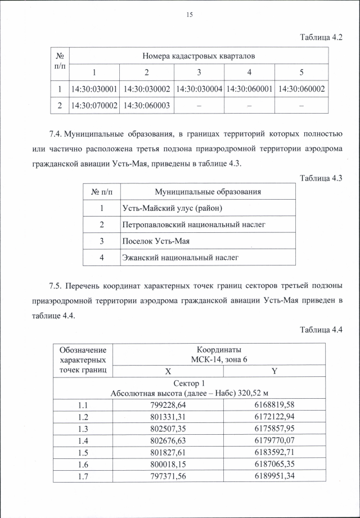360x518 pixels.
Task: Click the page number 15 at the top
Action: [190, 15]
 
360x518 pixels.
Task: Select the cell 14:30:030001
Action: [94, 89]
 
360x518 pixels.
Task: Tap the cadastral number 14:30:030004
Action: [199, 89]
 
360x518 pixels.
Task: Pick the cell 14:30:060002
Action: [301, 89]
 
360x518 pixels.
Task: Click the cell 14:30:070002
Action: [94, 105]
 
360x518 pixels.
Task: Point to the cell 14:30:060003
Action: [146, 105]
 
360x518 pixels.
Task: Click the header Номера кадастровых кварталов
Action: [199, 56]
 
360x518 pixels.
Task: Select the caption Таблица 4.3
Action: [321, 178]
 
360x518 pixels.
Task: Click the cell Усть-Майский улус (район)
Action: [172, 209]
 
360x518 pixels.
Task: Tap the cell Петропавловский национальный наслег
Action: [193, 225]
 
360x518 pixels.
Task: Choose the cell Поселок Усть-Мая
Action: [155, 241]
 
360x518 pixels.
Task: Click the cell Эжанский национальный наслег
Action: [180, 258]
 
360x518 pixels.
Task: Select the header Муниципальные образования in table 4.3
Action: [208, 192]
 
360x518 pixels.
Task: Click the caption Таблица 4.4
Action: [321, 329]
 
